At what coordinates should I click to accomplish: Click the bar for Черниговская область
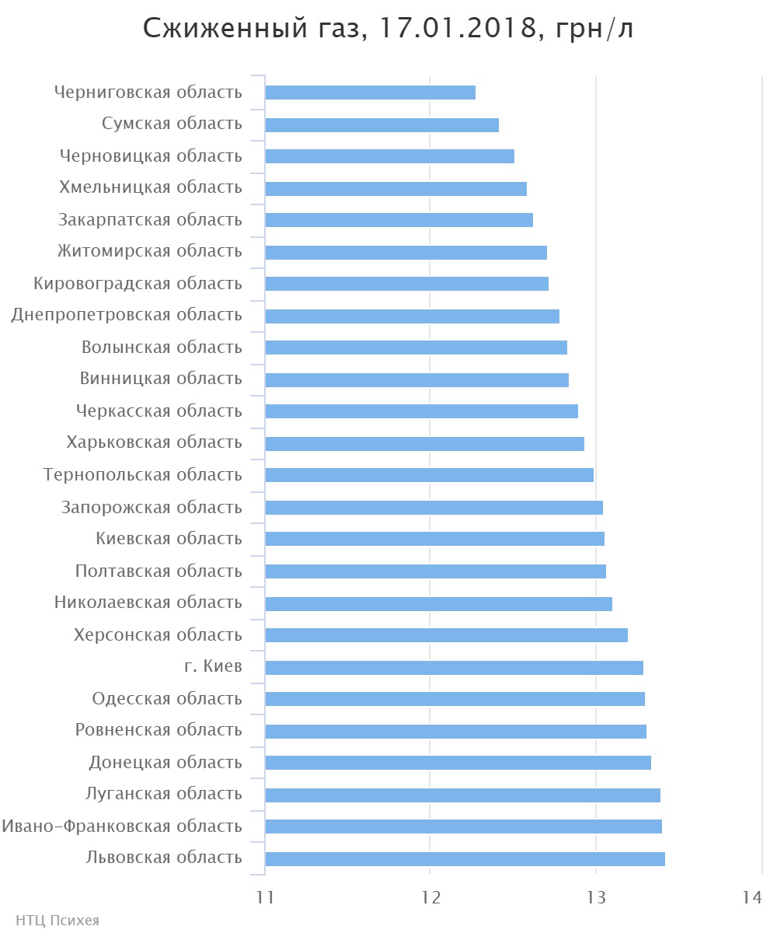tap(370, 93)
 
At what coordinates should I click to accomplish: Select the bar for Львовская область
tap(465, 859)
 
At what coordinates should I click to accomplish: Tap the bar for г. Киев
tap(454, 668)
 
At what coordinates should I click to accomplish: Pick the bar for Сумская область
tap(382, 125)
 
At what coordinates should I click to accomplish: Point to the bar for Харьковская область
tap(424, 444)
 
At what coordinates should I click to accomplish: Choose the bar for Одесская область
tap(455, 699)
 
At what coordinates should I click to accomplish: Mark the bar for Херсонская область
tap(446, 635)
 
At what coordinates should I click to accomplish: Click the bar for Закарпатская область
tap(399, 220)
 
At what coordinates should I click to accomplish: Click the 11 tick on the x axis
tap(266, 897)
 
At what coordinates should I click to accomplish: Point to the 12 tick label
tap(430, 897)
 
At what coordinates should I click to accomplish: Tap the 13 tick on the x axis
tap(596, 897)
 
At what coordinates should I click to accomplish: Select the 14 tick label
tap(751, 897)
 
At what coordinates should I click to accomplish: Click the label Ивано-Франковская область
tap(122, 826)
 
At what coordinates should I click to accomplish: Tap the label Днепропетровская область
tap(127, 315)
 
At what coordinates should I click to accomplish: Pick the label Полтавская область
tap(159, 571)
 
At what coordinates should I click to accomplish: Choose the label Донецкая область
tap(166, 762)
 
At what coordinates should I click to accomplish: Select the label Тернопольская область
tap(143, 474)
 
